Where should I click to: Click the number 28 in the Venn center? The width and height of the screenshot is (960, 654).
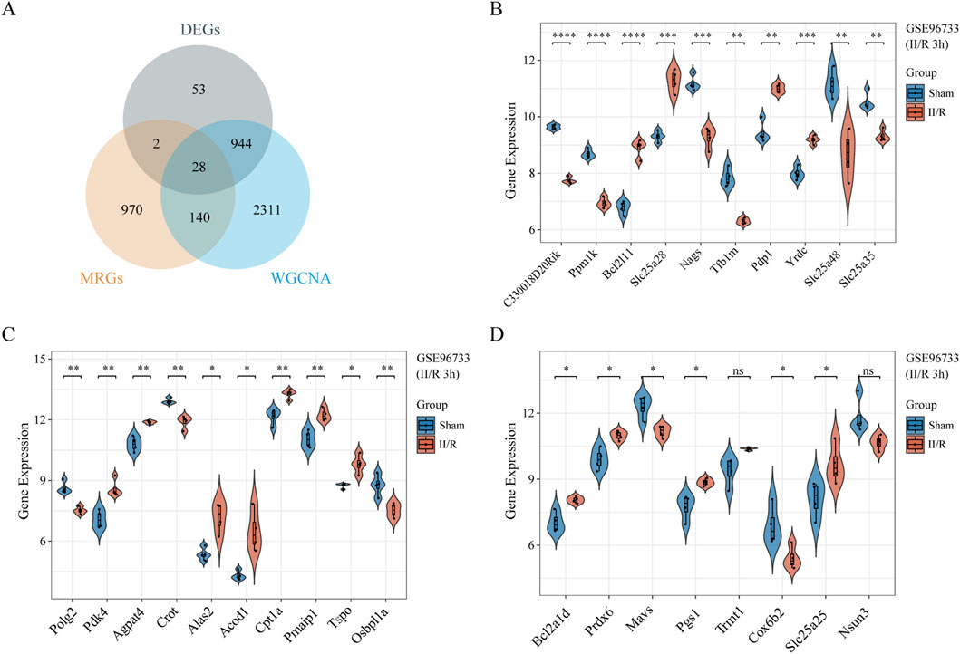[x=199, y=167]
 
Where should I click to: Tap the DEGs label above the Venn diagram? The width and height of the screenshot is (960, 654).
[x=199, y=30]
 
